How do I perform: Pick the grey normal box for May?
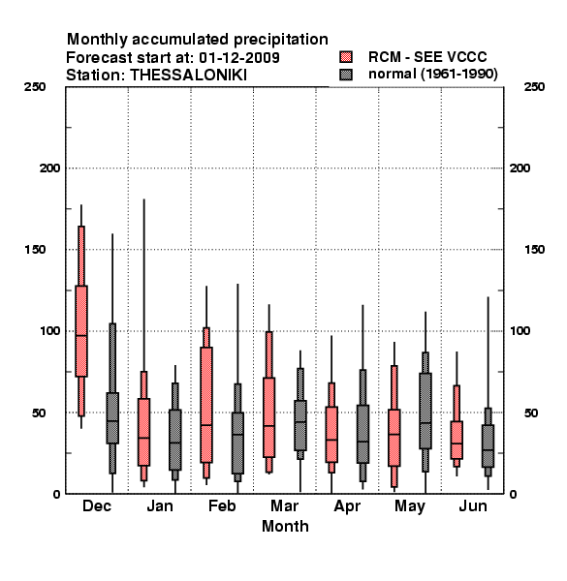[425, 411]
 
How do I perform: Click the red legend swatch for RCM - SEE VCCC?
[346, 57]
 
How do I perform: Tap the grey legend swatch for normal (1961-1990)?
[346, 75]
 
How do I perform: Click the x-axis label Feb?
[222, 505]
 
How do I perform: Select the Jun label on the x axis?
[472, 505]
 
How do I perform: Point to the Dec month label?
[97, 505]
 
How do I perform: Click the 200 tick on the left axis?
[49, 168]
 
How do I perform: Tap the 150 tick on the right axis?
[535, 250]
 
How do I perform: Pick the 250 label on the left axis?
[35, 87]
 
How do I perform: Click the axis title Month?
[285, 526]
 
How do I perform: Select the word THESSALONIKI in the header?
[188, 76]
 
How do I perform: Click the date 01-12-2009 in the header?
[239, 58]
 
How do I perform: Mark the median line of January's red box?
[143, 438]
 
